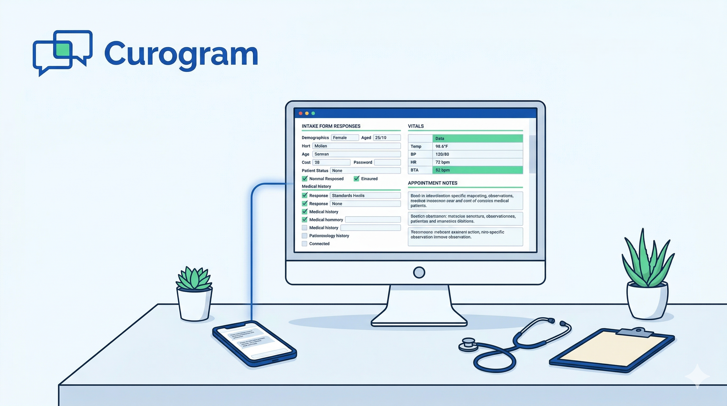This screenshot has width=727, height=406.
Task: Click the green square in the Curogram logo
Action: pyautogui.click(x=63, y=50)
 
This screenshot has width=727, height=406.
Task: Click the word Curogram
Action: pyautogui.click(x=181, y=53)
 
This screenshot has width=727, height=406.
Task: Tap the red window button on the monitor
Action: pyautogui.click(x=301, y=113)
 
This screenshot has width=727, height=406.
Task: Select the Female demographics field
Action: pyautogui.click(x=344, y=137)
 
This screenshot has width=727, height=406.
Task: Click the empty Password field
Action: pyautogui.click(x=387, y=162)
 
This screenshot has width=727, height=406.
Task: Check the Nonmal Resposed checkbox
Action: pyautogui.click(x=305, y=178)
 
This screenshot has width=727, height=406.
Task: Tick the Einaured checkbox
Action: pyautogui.click(x=356, y=178)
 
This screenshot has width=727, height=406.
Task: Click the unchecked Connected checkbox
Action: pyautogui.click(x=305, y=244)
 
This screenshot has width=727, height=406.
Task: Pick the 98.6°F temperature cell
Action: pyautogui.click(x=477, y=146)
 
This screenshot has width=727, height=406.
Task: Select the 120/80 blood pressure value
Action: pyautogui.click(x=477, y=154)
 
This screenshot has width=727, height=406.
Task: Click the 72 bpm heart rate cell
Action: pyautogui.click(x=477, y=162)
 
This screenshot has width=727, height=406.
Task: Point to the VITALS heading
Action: pyautogui.click(x=416, y=126)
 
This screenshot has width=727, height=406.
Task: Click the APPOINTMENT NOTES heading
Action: pyautogui.click(x=432, y=183)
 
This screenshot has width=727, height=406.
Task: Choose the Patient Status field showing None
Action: pyautogui.click(x=365, y=170)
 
